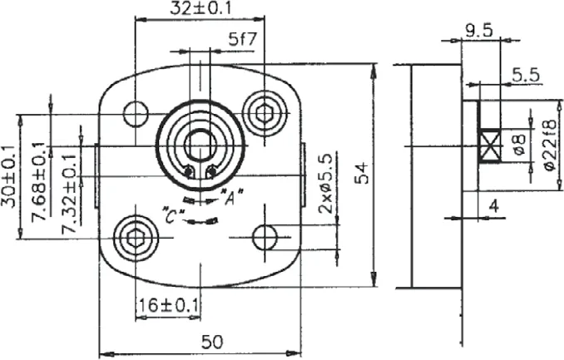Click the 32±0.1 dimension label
(200, 8)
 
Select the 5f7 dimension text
(243, 39)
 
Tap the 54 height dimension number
(363, 173)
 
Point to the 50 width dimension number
(212, 342)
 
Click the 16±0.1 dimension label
(168, 306)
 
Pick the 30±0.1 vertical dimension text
(9, 177)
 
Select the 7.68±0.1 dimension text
(39, 182)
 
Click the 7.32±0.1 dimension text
(69, 195)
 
